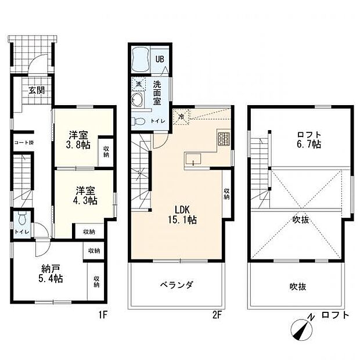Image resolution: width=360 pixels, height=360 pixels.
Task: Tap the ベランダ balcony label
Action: [177, 285]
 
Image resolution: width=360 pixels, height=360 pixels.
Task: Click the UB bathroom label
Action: [159, 59]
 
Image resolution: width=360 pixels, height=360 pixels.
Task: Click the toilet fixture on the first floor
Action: [21, 220]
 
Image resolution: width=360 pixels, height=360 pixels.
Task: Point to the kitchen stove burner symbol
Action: [224, 139]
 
